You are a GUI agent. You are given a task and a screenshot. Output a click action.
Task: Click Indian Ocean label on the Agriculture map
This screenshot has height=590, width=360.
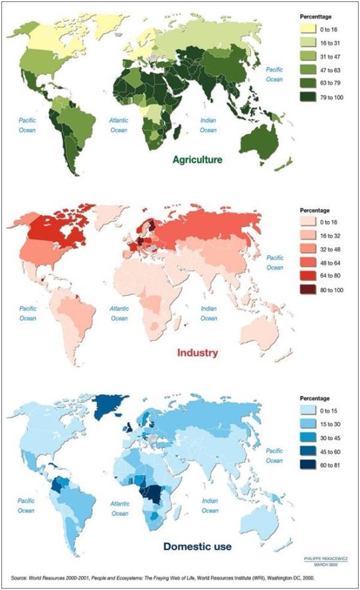pos(209,125)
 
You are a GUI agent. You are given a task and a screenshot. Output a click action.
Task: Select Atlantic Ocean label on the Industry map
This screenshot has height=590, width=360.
pos(119,314)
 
